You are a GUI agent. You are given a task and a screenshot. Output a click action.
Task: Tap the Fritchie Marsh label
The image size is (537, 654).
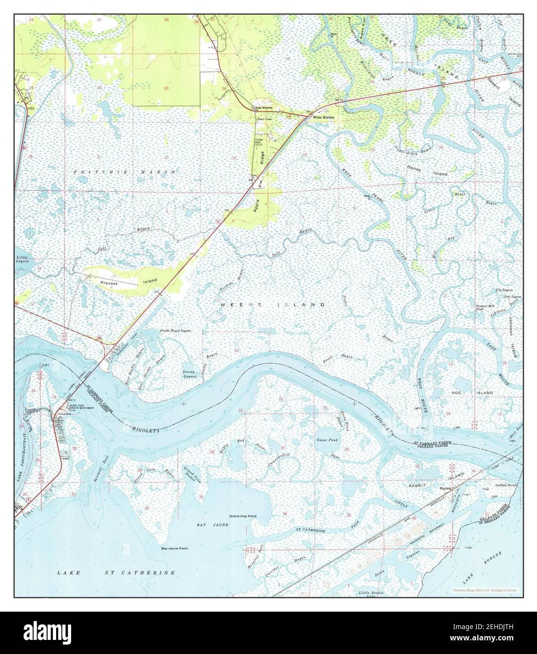[125, 173]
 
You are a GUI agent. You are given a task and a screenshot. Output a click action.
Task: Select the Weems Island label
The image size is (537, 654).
[273, 305]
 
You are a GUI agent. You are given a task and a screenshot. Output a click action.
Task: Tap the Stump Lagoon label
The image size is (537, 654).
[189, 375]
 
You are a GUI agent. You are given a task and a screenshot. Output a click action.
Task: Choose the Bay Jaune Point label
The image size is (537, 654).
[175, 549]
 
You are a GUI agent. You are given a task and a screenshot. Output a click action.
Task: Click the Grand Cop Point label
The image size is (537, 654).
[243, 516]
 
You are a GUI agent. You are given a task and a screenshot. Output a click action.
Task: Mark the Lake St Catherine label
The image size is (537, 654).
[116, 573]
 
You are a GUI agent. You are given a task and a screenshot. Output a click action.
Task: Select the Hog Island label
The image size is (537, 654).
[479, 392]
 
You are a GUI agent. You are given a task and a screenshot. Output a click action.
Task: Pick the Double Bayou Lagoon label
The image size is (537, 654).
[175, 331]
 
